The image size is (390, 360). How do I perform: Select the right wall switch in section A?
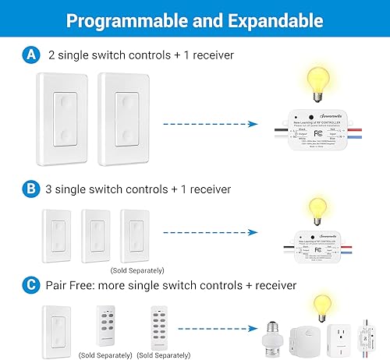pyautogui.click(x=125, y=121)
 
